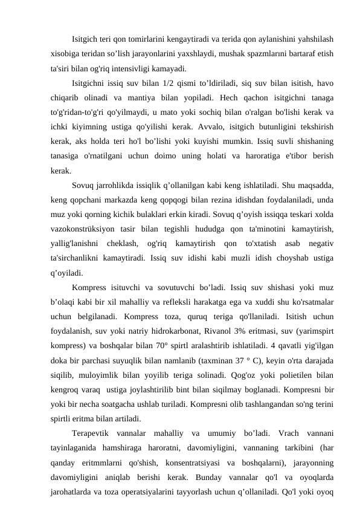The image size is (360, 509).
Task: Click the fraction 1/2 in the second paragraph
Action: [x=172, y=82]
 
